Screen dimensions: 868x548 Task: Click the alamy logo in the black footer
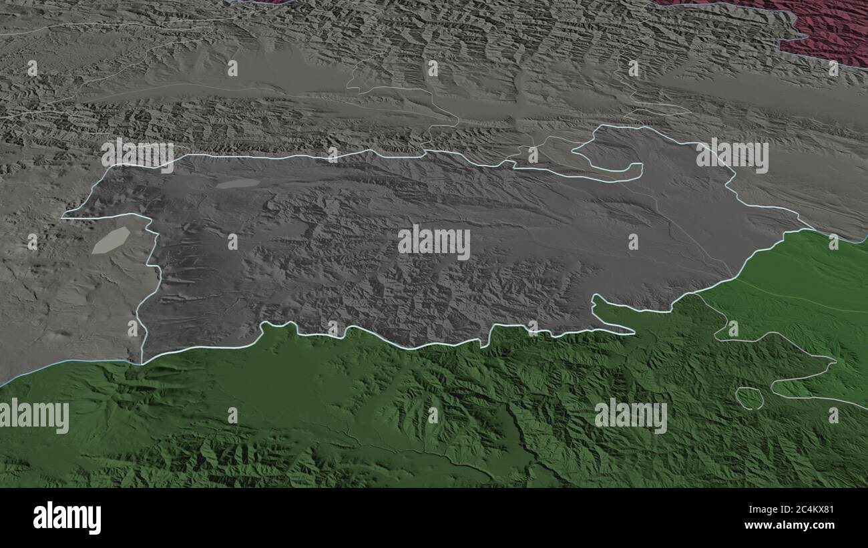pos(67,518)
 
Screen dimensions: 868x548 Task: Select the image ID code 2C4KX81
pos(808,510)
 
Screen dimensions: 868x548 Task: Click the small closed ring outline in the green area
pos(749,398)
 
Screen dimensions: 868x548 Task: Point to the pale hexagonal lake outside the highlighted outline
pos(110,240)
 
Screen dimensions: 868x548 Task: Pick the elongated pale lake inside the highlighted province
pos(238,184)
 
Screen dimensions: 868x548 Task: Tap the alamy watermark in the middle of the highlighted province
pos(434,242)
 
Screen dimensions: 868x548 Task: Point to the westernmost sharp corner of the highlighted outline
pos(64,216)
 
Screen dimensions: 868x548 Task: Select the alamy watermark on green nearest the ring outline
pos(630,415)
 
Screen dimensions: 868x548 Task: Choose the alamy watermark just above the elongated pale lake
pos(138,155)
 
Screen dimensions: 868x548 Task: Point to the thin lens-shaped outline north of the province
pos(657,111)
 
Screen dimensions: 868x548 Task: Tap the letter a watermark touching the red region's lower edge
pos(833,68)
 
